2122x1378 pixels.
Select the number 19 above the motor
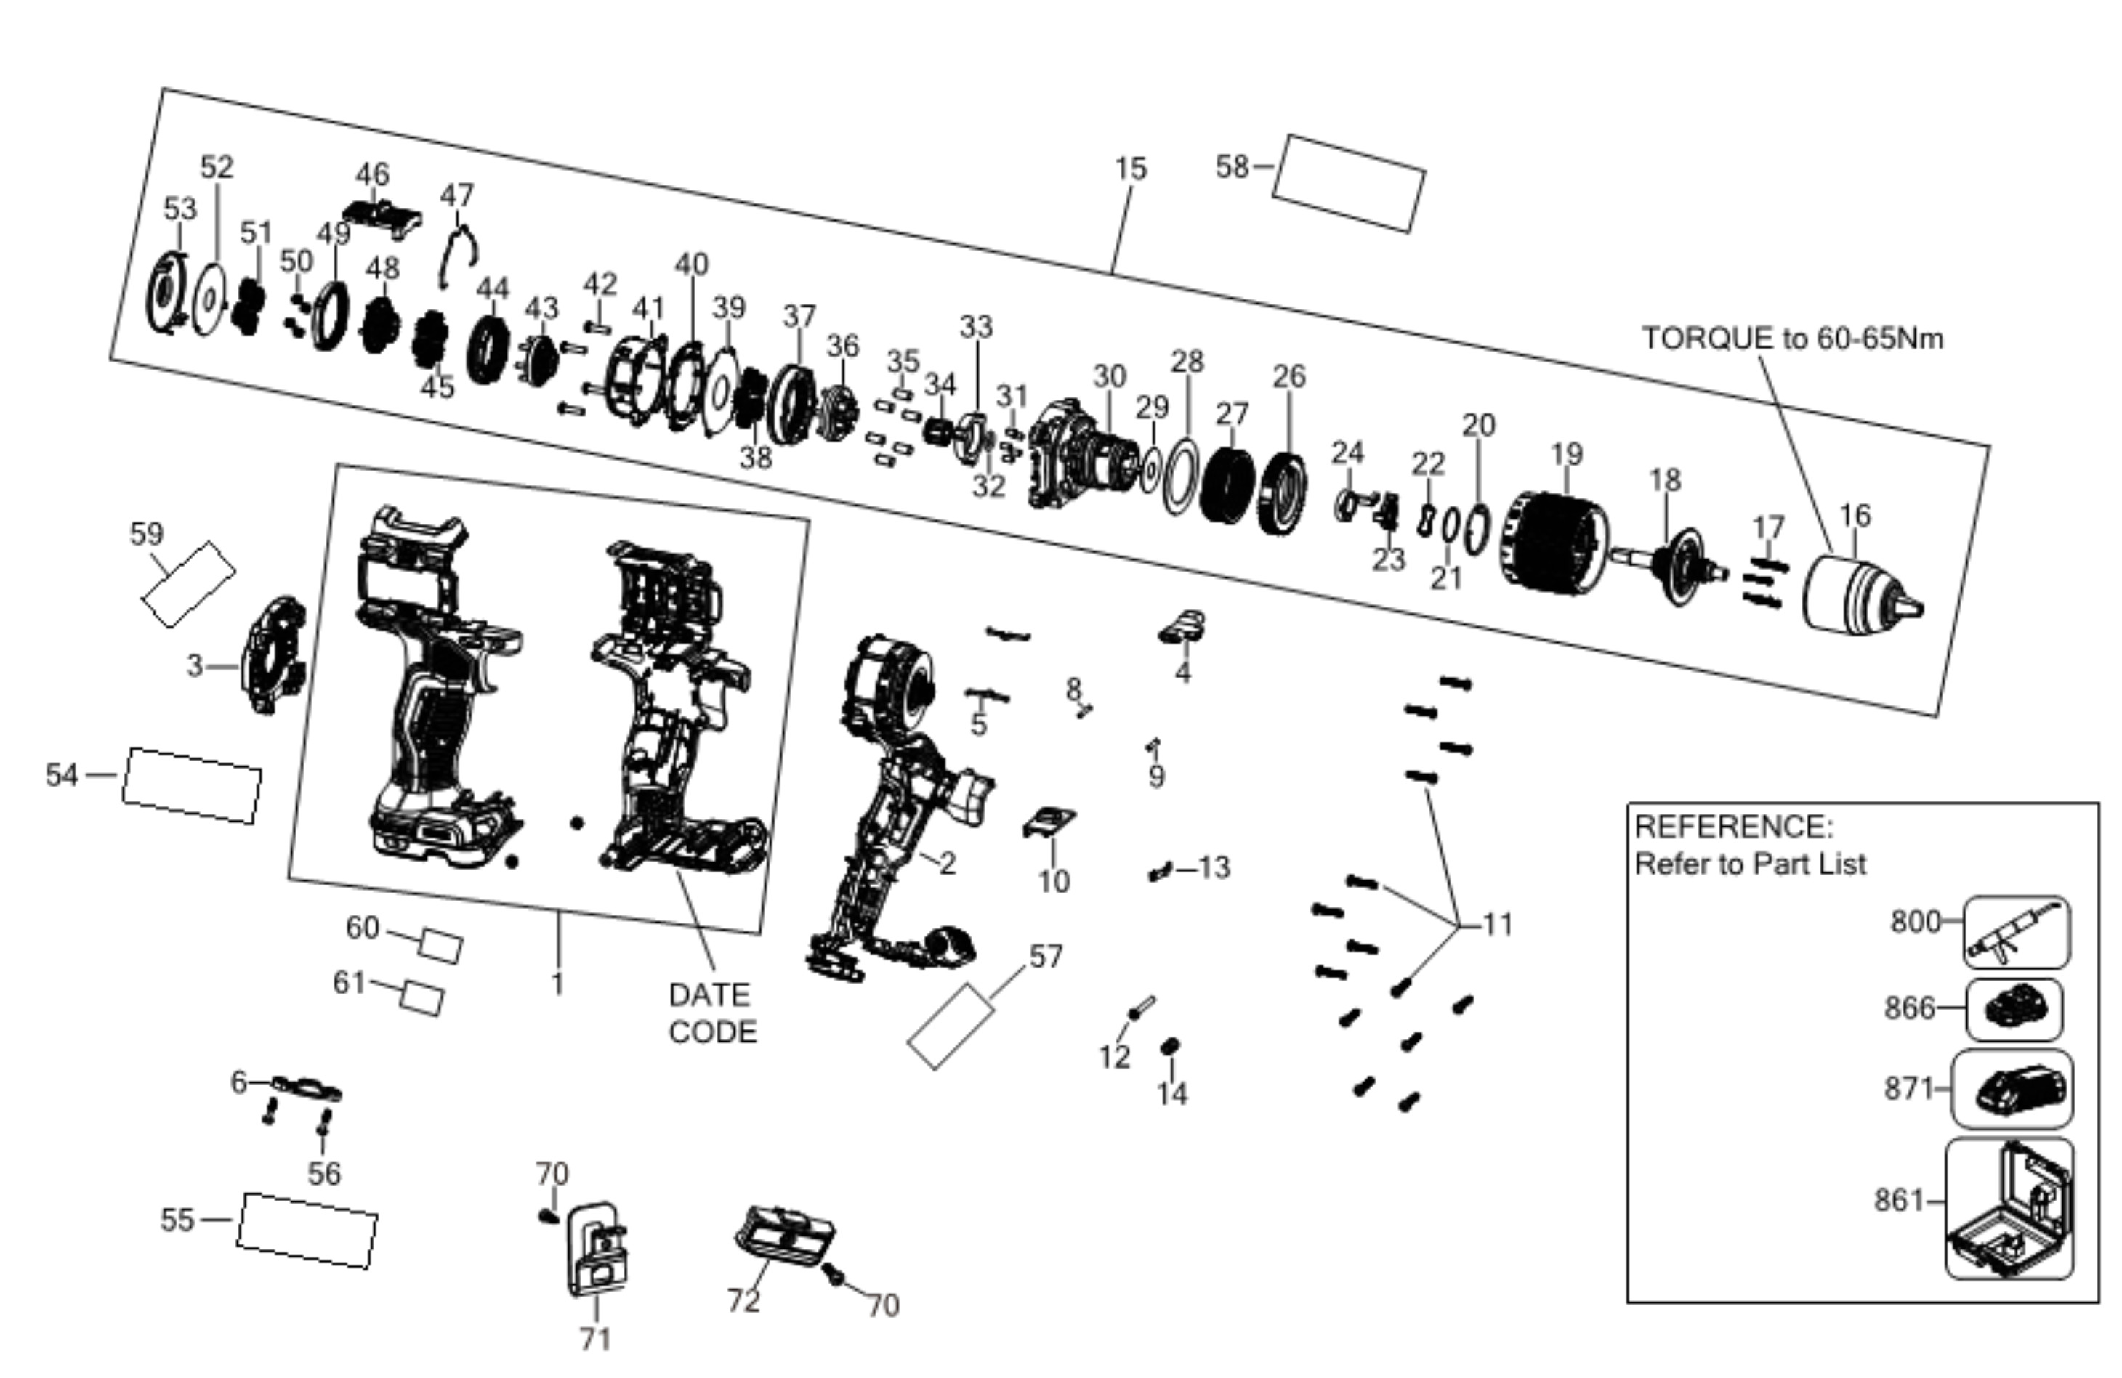tap(1567, 455)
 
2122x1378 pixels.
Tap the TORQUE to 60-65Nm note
tap(1792, 339)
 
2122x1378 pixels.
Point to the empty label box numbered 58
tap(1348, 184)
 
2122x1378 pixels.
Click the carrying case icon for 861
tap(2009, 1209)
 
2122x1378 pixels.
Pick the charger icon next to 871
tap(2012, 1089)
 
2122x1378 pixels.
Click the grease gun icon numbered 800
tap(2017, 932)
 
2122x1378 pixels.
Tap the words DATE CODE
tap(712, 1013)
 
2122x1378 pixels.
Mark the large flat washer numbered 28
tap(1182, 476)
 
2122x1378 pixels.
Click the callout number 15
tap(1131, 169)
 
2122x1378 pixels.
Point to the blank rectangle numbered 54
tap(192, 785)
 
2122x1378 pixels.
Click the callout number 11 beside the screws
tap(1498, 924)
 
